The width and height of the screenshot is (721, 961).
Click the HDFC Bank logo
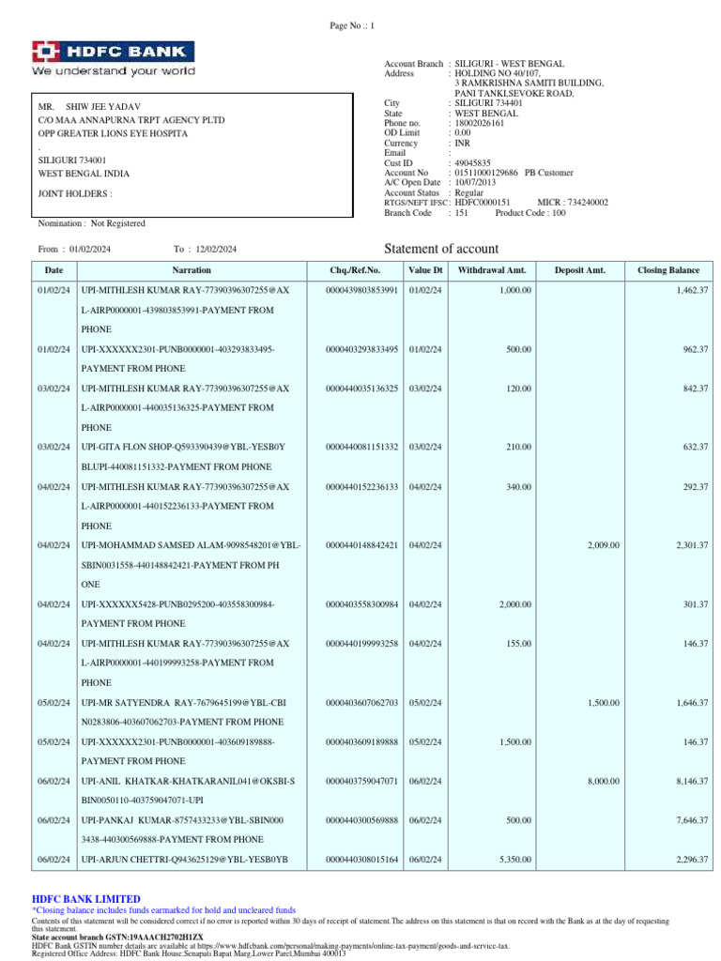click(x=114, y=57)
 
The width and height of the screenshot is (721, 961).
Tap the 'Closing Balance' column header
click(x=668, y=270)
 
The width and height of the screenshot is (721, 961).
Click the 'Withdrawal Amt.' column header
click(x=491, y=270)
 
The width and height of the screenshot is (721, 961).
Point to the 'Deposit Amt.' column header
click(x=579, y=270)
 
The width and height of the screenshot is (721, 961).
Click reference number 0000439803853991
click(x=361, y=291)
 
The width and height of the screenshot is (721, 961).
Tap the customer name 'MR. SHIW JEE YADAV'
click(x=89, y=107)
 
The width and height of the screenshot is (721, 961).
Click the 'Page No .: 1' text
click(x=352, y=25)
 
